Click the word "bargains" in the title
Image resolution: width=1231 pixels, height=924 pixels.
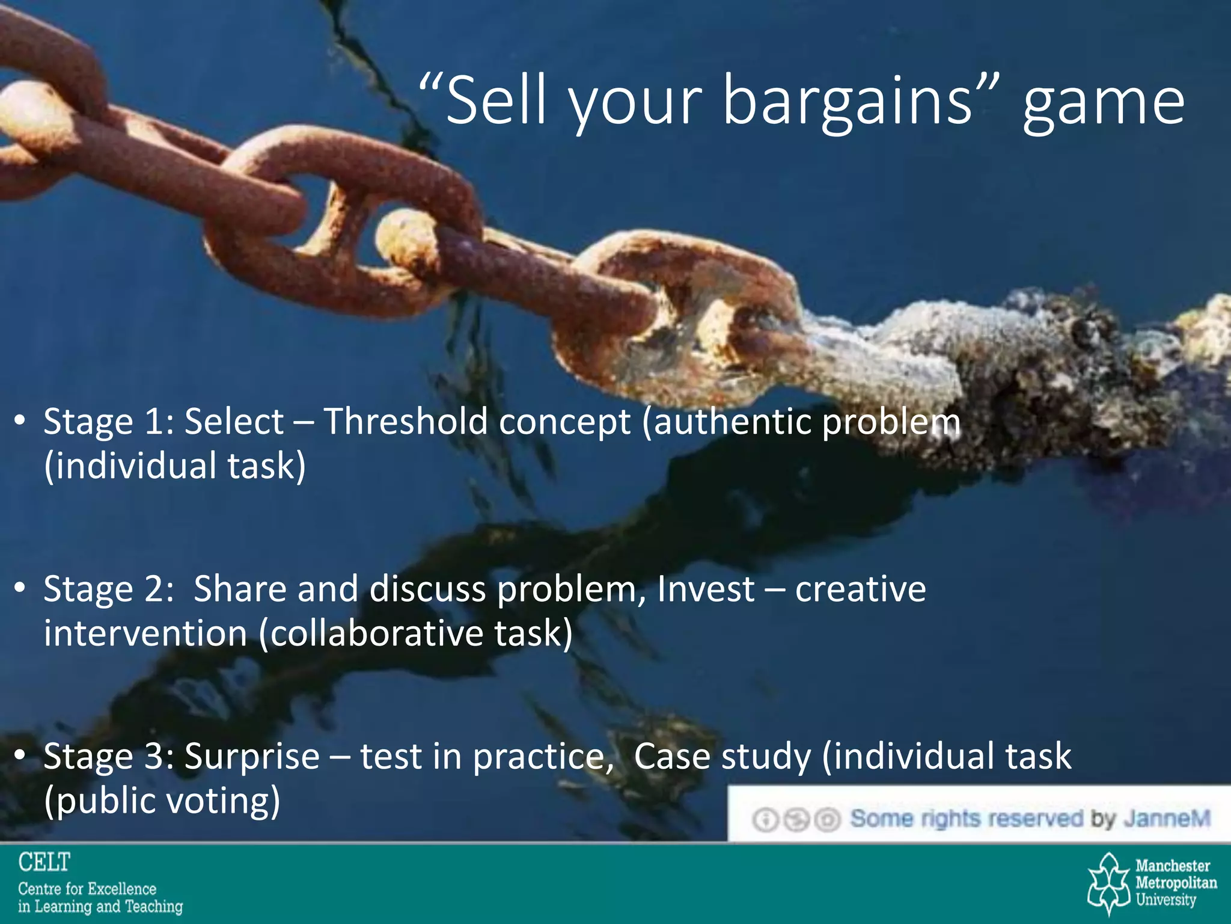point(848,101)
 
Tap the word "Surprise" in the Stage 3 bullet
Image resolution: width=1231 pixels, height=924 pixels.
point(252,756)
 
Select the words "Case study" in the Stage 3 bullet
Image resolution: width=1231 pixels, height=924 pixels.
point(722,756)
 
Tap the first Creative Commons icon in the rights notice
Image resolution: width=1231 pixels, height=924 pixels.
point(766,820)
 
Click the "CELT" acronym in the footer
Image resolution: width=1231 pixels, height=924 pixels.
point(44,863)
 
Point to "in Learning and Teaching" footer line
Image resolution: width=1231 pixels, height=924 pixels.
point(100,907)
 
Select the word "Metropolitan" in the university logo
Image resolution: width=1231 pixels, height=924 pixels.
point(1176,883)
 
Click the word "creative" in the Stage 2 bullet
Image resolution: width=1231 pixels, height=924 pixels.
point(860,588)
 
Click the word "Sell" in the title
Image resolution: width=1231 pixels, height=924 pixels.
point(495,101)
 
